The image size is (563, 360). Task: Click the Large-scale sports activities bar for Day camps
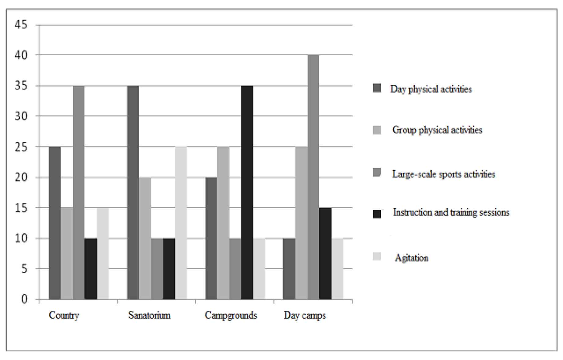(313, 177)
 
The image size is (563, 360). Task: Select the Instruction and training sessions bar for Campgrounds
(247, 192)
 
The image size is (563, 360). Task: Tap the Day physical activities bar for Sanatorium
(133, 192)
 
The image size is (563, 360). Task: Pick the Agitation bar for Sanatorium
(181, 223)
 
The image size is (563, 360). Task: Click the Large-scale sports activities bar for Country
(79, 192)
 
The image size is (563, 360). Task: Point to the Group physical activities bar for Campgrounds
(223, 223)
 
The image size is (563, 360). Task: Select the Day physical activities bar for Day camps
(289, 269)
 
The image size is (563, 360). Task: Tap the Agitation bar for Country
(103, 253)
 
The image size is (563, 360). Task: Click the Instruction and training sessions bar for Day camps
(325, 253)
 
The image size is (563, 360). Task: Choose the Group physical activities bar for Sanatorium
(145, 238)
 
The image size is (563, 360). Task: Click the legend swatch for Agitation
(377, 256)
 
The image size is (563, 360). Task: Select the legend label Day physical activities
(431, 89)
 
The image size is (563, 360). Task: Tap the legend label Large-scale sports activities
(443, 174)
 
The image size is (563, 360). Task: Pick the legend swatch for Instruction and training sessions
(377, 214)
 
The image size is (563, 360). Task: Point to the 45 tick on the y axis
(21, 24)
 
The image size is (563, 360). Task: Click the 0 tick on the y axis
(24, 299)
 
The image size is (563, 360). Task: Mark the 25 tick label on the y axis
(21, 147)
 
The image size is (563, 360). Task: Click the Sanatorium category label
(149, 315)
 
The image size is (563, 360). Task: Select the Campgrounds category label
(231, 315)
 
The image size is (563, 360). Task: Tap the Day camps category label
(305, 315)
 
